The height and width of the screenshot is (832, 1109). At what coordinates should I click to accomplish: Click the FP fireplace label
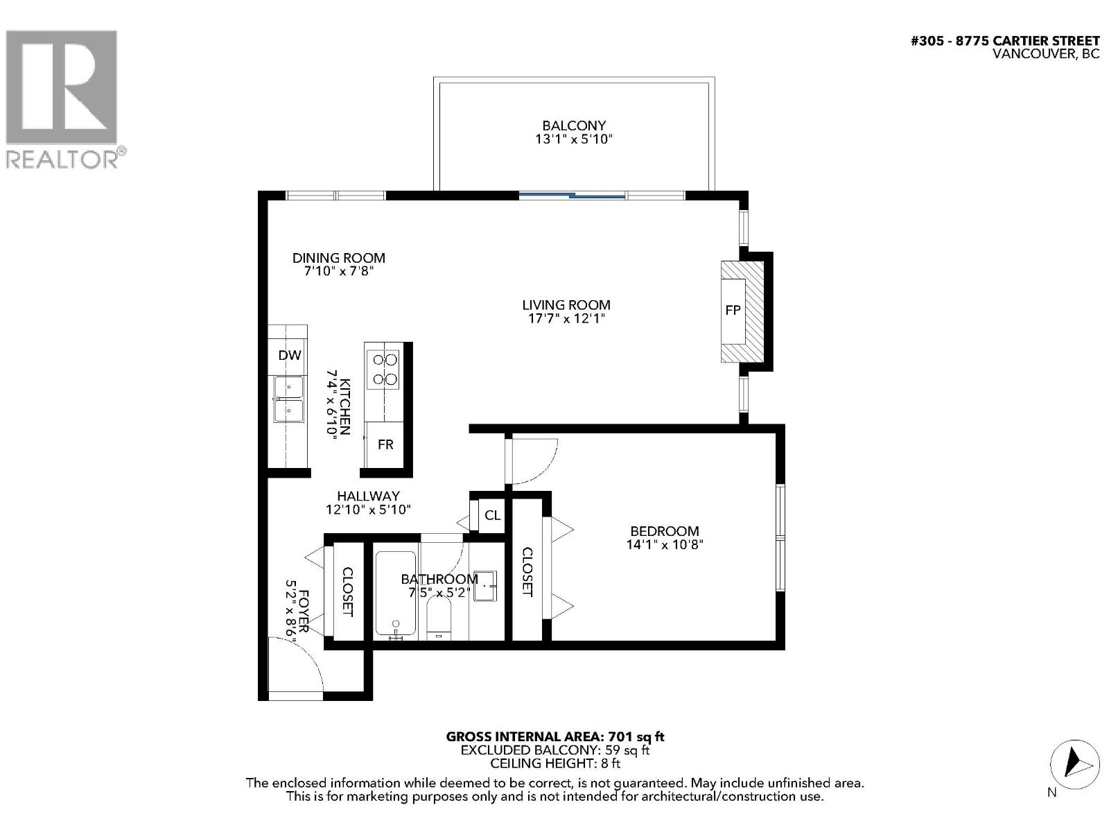tap(733, 311)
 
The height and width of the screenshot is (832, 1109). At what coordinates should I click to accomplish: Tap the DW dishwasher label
tap(290, 355)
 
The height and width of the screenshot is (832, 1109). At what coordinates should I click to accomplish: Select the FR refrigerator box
tap(385, 444)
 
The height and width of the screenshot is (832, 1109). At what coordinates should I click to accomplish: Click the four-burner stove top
tap(384, 370)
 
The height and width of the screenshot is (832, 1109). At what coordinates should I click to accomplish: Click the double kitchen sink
tap(288, 399)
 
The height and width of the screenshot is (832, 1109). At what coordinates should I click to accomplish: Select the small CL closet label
tap(492, 515)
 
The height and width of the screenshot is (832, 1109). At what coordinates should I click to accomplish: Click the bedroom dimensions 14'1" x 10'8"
tap(664, 545)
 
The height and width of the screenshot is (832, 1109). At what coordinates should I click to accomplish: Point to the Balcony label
tap(574, 125)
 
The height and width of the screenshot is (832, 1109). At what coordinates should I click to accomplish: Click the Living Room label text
tap(566, 305)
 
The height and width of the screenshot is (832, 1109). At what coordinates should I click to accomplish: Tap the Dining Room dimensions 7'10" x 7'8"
tap(338, 272)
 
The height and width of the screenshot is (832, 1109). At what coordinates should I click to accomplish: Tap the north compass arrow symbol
tap(1074, 763)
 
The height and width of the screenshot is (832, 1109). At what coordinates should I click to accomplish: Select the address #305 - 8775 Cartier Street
tap(1004, 41)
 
